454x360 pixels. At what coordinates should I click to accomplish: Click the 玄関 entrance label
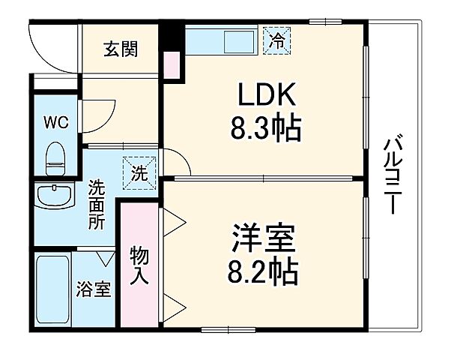pos(119,52)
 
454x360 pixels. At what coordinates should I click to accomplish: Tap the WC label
pos(55,121)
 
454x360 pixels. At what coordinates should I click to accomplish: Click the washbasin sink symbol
pos(54,196)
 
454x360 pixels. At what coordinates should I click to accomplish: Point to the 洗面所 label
pos(97,203)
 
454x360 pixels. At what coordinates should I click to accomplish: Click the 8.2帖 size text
pos(262,270)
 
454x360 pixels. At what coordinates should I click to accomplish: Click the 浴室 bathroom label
pos(95,289)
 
